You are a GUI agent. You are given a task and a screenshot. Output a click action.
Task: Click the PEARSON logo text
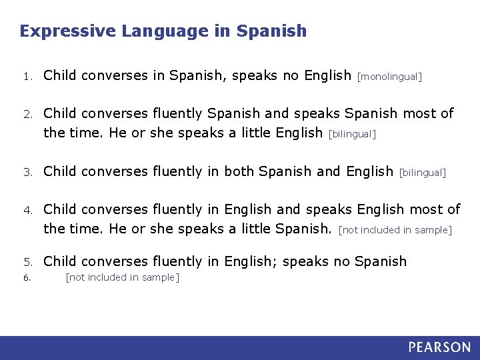439,347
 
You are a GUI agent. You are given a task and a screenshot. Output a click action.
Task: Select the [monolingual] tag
390,77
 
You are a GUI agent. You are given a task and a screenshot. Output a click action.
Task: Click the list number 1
25,77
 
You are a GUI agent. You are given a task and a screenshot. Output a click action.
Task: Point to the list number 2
25,115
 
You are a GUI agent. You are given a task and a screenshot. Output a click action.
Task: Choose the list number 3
25,173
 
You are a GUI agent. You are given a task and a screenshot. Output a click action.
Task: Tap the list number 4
25,211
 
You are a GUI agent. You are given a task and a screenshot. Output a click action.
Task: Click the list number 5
25,262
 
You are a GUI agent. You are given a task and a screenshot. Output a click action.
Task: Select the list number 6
25,278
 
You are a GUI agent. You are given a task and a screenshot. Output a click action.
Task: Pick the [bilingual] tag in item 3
422,173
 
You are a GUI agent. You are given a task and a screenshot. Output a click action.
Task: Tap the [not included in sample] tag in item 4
395,231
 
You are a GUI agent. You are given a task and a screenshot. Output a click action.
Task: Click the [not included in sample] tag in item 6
122,277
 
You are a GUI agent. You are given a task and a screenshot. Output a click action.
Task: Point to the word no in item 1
291,75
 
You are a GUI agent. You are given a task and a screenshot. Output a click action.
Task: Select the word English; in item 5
251,261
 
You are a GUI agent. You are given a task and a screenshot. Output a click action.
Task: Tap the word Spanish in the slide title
272,31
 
